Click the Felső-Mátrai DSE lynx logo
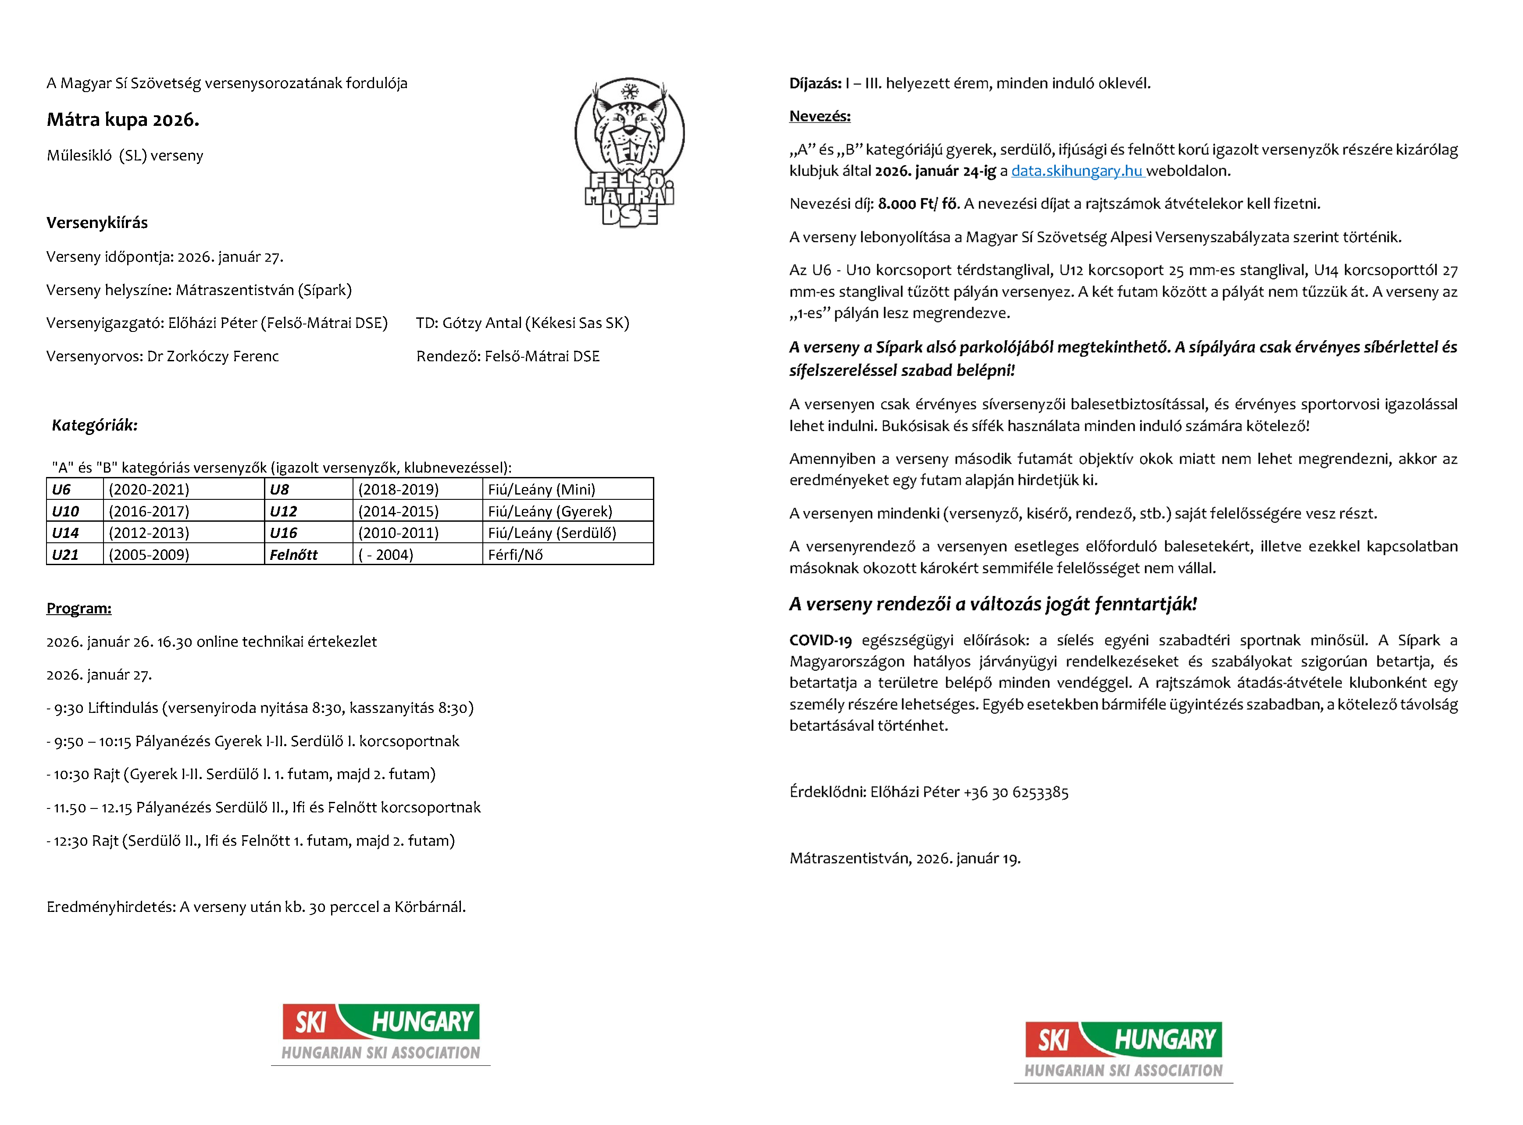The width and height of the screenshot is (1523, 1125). (x=629, y=151)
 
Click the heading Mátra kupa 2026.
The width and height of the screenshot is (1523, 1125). (x=123, y=120)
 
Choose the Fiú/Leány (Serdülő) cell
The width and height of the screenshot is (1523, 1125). (x=552, y=533)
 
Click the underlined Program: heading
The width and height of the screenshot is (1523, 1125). (x=79, y=608)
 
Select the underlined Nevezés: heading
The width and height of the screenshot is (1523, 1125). (x=820, y=117)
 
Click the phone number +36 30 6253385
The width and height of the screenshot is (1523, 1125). (x=1016, y=792)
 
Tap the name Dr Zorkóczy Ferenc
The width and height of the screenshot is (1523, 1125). (x=213, y=356)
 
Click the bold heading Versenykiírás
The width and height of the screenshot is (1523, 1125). (x=97, y=223)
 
